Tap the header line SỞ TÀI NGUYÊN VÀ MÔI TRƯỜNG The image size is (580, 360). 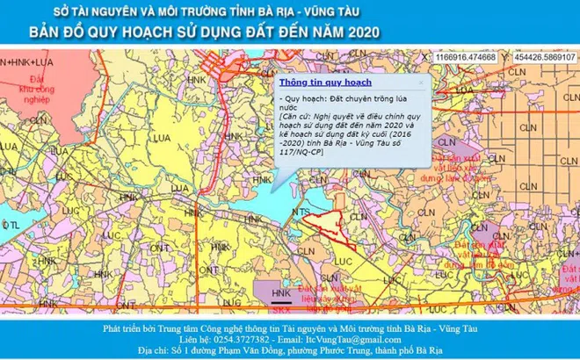click(207, 12)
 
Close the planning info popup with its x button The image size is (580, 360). click(421, 83)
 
